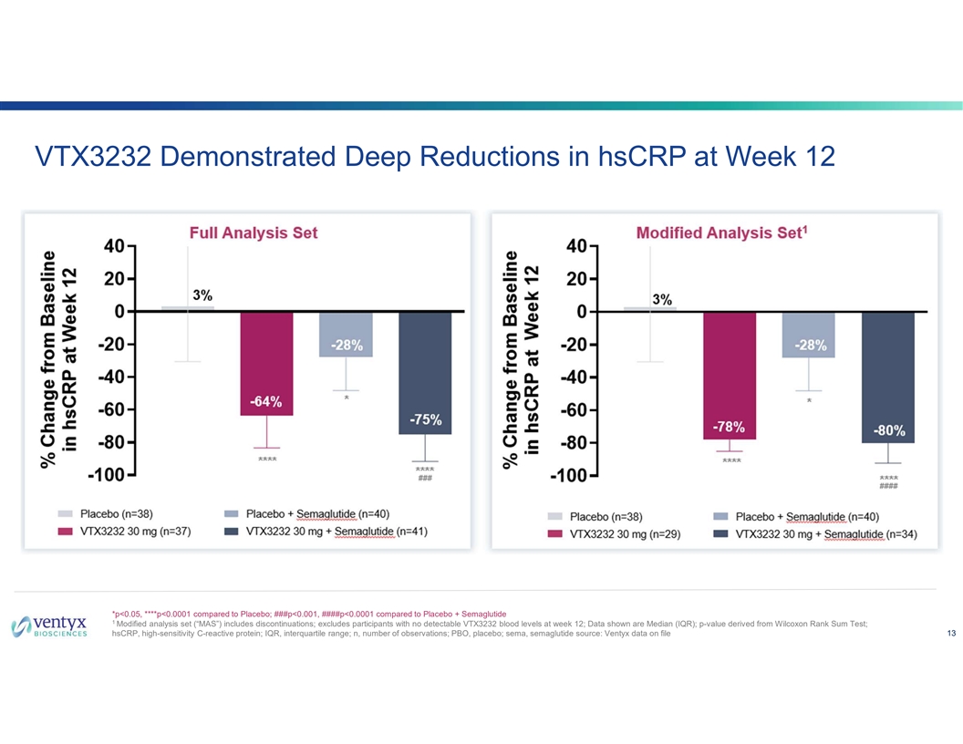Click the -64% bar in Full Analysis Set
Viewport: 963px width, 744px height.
pyautogui.click(x=266, y=365)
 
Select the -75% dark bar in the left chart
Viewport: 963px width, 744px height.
pyautogui.click(x=425, y=374)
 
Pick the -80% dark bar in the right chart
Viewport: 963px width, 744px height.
pyautogui.click(x=887, y=377)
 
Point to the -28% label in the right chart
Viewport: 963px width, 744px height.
pyautogui.click(x=810, y=346)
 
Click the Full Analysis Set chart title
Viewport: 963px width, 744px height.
pyautogui.click(x=254, y=233)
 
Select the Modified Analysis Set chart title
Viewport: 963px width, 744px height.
pyautogui.click(x=721, y=233)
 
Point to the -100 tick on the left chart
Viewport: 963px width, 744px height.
pyautogui.click(x=107, y=475)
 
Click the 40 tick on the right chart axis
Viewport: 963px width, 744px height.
pyautogui.click(x=576, y=246)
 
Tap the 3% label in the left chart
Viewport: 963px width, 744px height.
pyautogui.click(x=202, y=294)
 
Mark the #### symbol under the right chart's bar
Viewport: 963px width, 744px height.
pyautogui.click(x=888, y=487)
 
